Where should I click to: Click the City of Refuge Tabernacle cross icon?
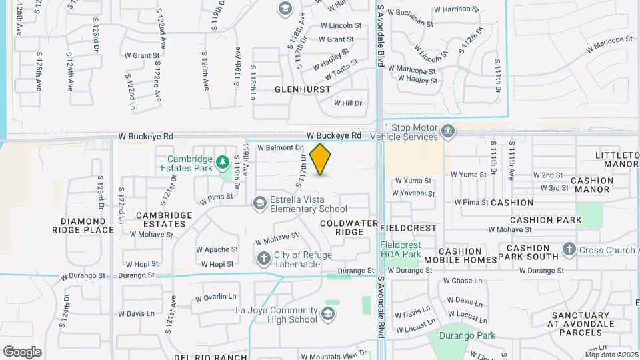(x=264, y=257)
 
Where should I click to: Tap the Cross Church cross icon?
(x=569, y=249)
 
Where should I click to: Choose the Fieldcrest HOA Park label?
(x=401, y=249)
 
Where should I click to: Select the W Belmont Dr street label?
(x=280, y=147)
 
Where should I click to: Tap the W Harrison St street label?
(x=457, y=9)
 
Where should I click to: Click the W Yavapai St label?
(x=413, y=194)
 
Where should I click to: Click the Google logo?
(x=22, y=351)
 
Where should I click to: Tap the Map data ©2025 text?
(x=611, y=355)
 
